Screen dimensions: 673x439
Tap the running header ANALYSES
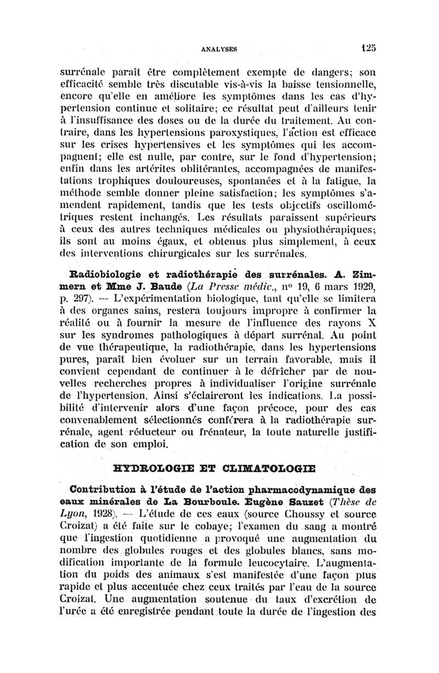tap(219, 48)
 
